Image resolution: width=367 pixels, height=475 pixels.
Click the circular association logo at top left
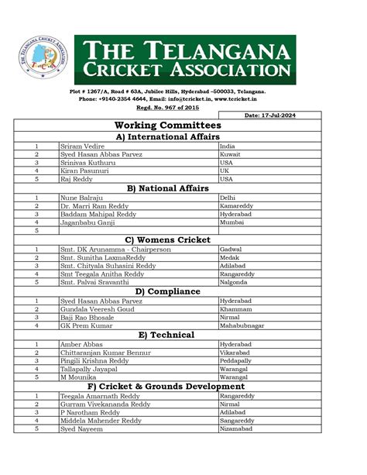tap(43, 59)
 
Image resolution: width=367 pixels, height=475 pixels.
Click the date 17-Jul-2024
tap(270, 115)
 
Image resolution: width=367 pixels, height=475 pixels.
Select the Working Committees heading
tap(167, 125)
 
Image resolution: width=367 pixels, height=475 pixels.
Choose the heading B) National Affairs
tap(167, 188)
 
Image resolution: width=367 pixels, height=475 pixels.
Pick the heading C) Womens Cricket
tap(167, 239)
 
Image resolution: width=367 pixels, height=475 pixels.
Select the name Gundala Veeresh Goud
tap(97, 308)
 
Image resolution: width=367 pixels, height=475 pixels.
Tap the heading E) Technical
tap(167, 334)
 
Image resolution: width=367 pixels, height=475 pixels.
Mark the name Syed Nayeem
tap(81, 428)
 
